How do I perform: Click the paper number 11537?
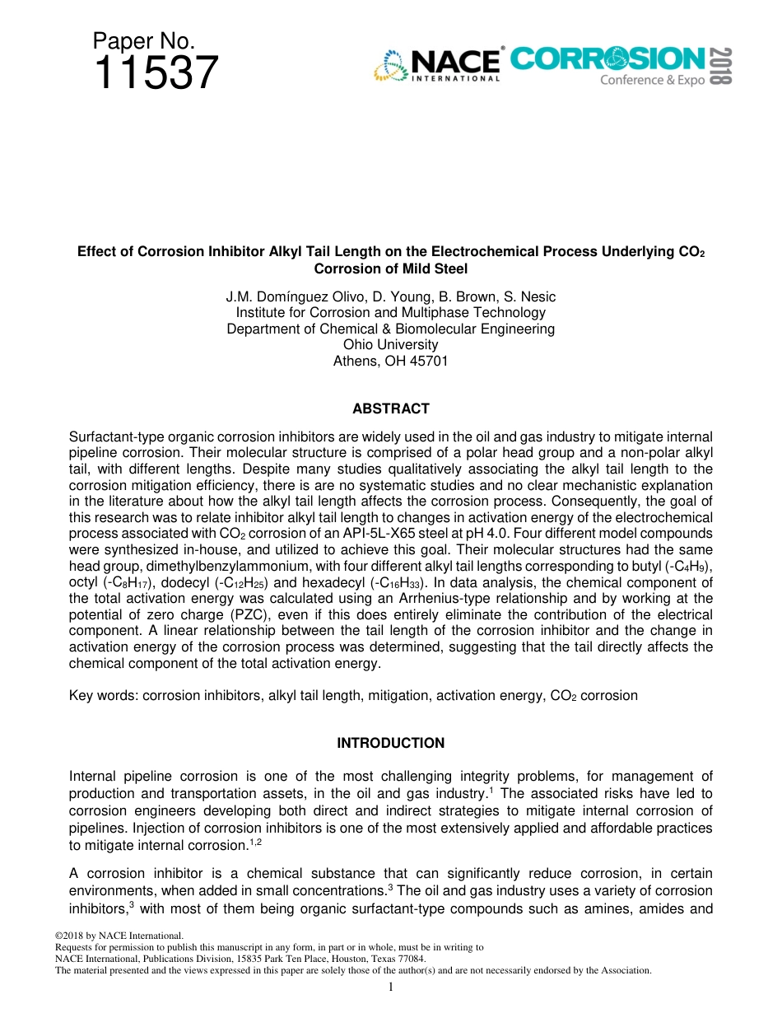pyautogui.click(x=156, y=73)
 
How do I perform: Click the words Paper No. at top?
pyautogui.click(x=143, y=41)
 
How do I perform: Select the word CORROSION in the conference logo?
pyautogui.click(x=607, y=58)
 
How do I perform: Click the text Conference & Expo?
pyautogui.click(x=652, y=80)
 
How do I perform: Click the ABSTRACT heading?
pyautogui.click(x=390, y=408)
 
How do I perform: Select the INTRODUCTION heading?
pyautogui.click(x=390, y=743)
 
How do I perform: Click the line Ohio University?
pyautogui.click(x=390, y=344)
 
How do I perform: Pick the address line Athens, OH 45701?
pyautogui.click(x=390, y=361)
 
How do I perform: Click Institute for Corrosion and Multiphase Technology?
pyautogui.click(x=390, y=313)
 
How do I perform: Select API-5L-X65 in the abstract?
pyautogui.click(x=382, y=533)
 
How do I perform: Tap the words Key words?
pyautogui.click(x=104, y=696)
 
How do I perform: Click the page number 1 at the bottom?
pyautogui.click(x=390, y=987)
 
